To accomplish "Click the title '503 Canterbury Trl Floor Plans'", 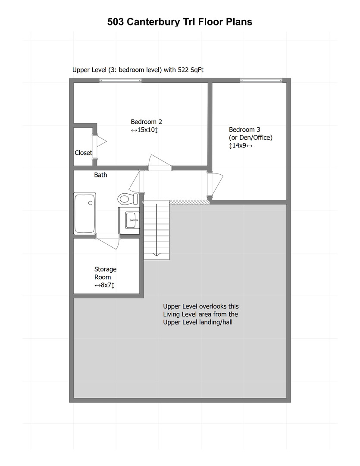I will (x=180, y=22).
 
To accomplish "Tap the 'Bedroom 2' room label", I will (x=146, y=122).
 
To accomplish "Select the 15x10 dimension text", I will (x=145, y=130).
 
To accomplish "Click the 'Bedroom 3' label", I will (x=244, y=129).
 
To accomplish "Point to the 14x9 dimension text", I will (x=241, y=146).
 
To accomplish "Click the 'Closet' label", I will (x=83, y=153).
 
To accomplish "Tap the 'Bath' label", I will (x=100, y=175).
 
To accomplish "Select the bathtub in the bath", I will (x=85, y=213).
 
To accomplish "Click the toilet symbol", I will (x=126, y=199).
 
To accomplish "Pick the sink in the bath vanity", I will (x=131, y=220).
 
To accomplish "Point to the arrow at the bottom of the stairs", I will (x=157, y=254).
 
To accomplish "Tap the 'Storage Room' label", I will (x=105, y=273).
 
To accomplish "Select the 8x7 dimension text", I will (x=104, y=286).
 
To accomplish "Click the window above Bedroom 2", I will (x=120, y=80).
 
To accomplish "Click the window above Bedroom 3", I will (x=261, y=80).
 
